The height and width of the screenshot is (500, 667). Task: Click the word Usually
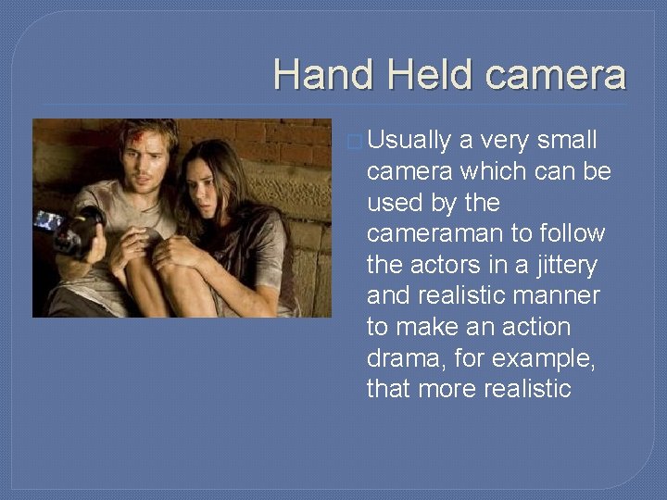click(409, 140)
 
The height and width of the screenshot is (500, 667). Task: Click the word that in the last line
click(388, 389)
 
